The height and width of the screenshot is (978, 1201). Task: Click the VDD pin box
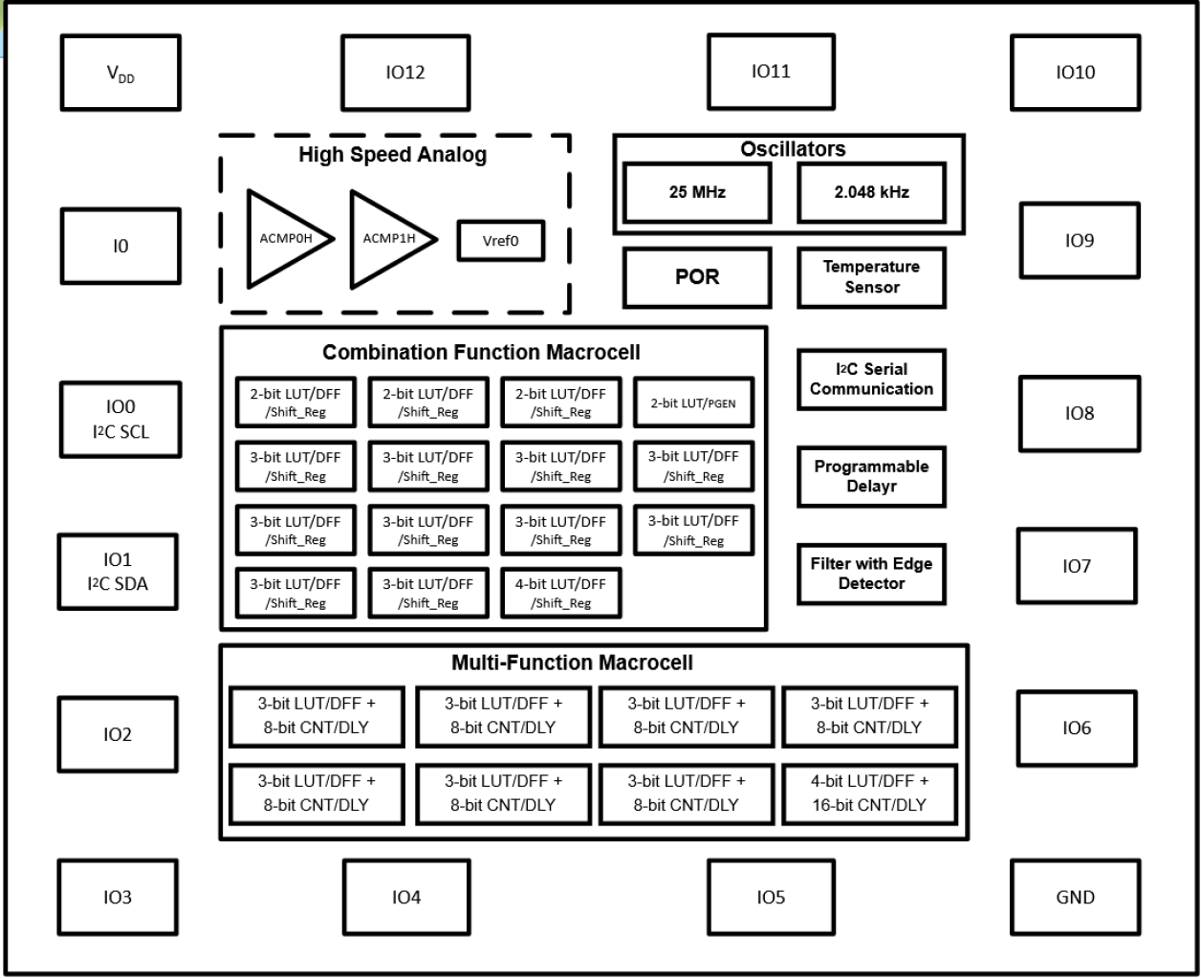(120, 74)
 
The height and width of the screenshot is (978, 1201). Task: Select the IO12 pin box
(405, 74)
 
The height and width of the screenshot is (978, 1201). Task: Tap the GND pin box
(1075, 897)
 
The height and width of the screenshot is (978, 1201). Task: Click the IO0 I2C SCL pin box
(120, 420)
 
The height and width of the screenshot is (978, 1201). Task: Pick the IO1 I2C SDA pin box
(118, 572)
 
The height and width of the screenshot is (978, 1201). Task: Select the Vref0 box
(500, 241)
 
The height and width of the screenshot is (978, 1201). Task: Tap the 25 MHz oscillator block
(697, 192)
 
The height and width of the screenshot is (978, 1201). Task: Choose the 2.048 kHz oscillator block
(871, 192)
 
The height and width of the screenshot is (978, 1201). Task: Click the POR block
(697, 277)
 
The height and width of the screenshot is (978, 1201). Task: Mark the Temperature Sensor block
(871, 277)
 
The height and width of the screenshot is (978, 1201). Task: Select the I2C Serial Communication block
(871, 380)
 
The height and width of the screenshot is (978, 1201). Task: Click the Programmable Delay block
(871, 476)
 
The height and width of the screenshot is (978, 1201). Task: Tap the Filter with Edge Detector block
(871, 574)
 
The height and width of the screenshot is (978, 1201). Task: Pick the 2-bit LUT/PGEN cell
(693, 402)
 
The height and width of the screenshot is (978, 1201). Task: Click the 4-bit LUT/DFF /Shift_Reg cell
(561, 593)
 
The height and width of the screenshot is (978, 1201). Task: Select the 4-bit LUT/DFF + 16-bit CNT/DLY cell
(869, 793)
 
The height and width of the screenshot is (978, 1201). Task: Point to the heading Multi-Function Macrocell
(572, 663)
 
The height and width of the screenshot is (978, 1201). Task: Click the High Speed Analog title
(392, 155)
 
